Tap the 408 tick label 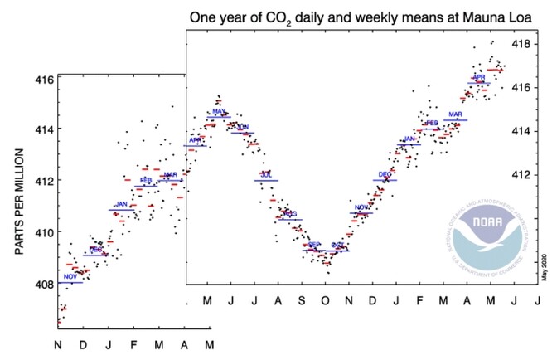point(44,284)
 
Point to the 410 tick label point(44,232)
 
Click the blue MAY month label point(219,111)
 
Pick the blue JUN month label point(243,127)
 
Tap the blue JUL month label point(266,175)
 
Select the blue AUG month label point(290,214)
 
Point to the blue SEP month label point(314,245)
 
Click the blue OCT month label point(337,245)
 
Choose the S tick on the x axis point(302,299)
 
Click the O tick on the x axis point(325,299)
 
